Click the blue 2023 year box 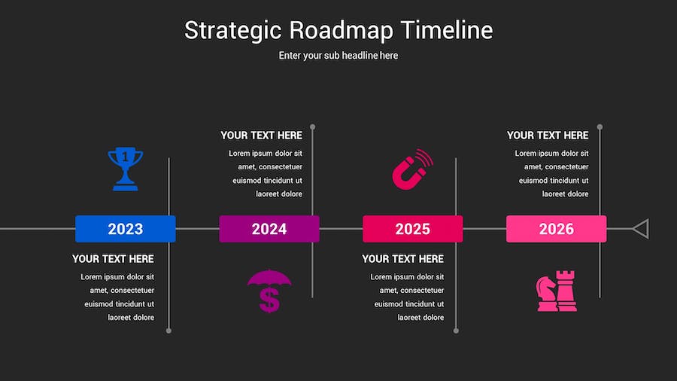[125, 229]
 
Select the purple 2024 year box [269, 229]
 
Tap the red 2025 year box [413, 229]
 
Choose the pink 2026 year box [556, 229]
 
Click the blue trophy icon [125, 169]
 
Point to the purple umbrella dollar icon [269, 291]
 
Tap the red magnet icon [412, 169]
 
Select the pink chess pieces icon [556, 291]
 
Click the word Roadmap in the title [341, 31]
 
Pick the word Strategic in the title [232, 31]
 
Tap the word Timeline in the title [447, 30]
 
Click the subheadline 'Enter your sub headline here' [338, 56]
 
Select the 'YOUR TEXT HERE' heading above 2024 [261, 136]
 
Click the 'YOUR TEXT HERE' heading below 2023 [113, 259]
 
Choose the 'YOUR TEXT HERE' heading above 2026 [548, 136]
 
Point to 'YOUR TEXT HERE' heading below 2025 [403, 259]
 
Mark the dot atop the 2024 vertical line [313, 127]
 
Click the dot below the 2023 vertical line [168, 331]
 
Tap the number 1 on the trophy [125, 157]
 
